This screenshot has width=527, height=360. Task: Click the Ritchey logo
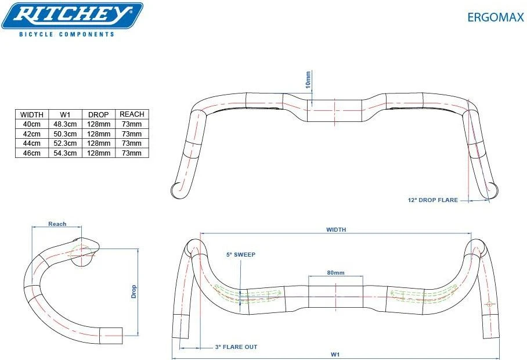[72, 16]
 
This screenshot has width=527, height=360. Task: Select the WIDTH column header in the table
[31, 114]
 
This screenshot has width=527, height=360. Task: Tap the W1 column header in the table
[65, 114]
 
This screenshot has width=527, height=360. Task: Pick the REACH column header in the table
[132, 114]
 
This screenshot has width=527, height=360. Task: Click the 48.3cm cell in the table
[65, 124]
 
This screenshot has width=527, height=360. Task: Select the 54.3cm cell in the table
[65, 153]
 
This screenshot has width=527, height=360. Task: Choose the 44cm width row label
[31, 143]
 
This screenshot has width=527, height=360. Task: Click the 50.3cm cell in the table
[65, 134]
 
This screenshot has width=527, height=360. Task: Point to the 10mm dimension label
[309, 80]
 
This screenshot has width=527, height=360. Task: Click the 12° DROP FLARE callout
[432, 200]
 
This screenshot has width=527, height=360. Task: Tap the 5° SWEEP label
[241, 254]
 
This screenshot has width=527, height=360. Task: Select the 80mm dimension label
[335, 273]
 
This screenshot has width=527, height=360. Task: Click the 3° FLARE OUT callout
[236, 347]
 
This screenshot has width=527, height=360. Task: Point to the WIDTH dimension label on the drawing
[335, 230]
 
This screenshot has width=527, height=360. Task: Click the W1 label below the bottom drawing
[335, 354]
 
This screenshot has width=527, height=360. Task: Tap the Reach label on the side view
[57, 224]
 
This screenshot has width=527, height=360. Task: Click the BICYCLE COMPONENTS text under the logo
[67, 35]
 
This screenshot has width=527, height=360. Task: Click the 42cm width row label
[31, 134]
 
